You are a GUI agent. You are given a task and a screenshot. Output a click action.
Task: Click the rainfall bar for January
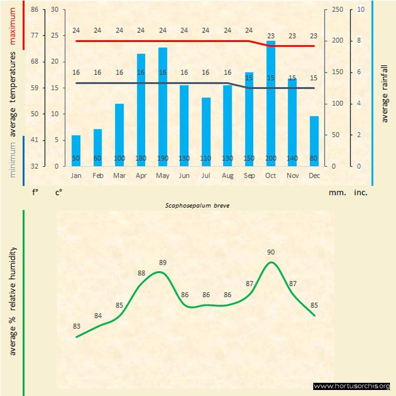click(x=76, y=150)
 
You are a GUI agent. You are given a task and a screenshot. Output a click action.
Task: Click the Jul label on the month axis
click(x=206, y=176)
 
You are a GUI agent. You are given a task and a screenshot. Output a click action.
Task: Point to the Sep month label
click(x=249, y=176)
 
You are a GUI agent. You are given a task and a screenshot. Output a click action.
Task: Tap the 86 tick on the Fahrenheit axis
click(x=34, y=10)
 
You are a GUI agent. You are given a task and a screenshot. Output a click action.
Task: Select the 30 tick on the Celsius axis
click(x=55, y=10)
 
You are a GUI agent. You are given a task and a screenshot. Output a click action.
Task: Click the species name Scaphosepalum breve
click(x=198, y=205)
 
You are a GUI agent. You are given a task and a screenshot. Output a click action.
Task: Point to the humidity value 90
click(x=271, y=252)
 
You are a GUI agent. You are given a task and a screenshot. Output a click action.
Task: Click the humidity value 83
click(x=76, y=326)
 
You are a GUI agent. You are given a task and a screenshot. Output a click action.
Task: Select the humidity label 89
click(x=163, y=262)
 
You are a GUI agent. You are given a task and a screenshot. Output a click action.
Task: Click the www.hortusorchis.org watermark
click(x=352, y=386)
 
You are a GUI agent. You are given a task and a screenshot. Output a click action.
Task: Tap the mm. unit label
click(x=336, y=193)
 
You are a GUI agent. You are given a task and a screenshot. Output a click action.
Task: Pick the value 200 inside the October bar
click(x=271, y=158)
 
